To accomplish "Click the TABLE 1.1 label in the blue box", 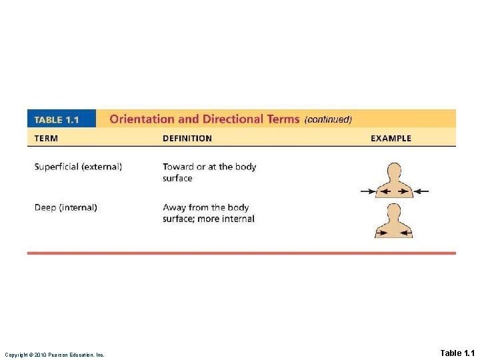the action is point(57,120).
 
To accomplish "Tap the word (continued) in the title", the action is point(327,120).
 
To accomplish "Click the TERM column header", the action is point(46,139).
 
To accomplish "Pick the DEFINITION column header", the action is point(187,139).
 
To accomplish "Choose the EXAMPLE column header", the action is point(391,139).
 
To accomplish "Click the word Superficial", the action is point(57,167).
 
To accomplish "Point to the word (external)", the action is point(102,167).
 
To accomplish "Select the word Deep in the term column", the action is point(45,207).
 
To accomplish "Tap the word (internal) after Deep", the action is point(79,207).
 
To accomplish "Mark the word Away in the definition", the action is point(174,207).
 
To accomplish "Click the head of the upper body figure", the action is point(394,170).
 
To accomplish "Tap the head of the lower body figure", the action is point(394,211).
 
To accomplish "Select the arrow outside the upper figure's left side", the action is point(367,191).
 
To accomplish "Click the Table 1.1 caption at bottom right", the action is point(457,353).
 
